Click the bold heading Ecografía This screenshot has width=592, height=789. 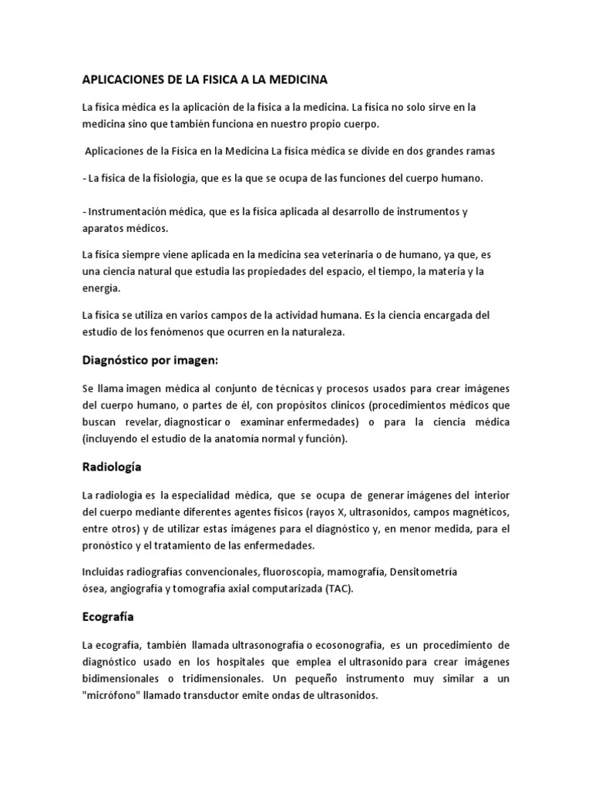[x=108, y=616]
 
